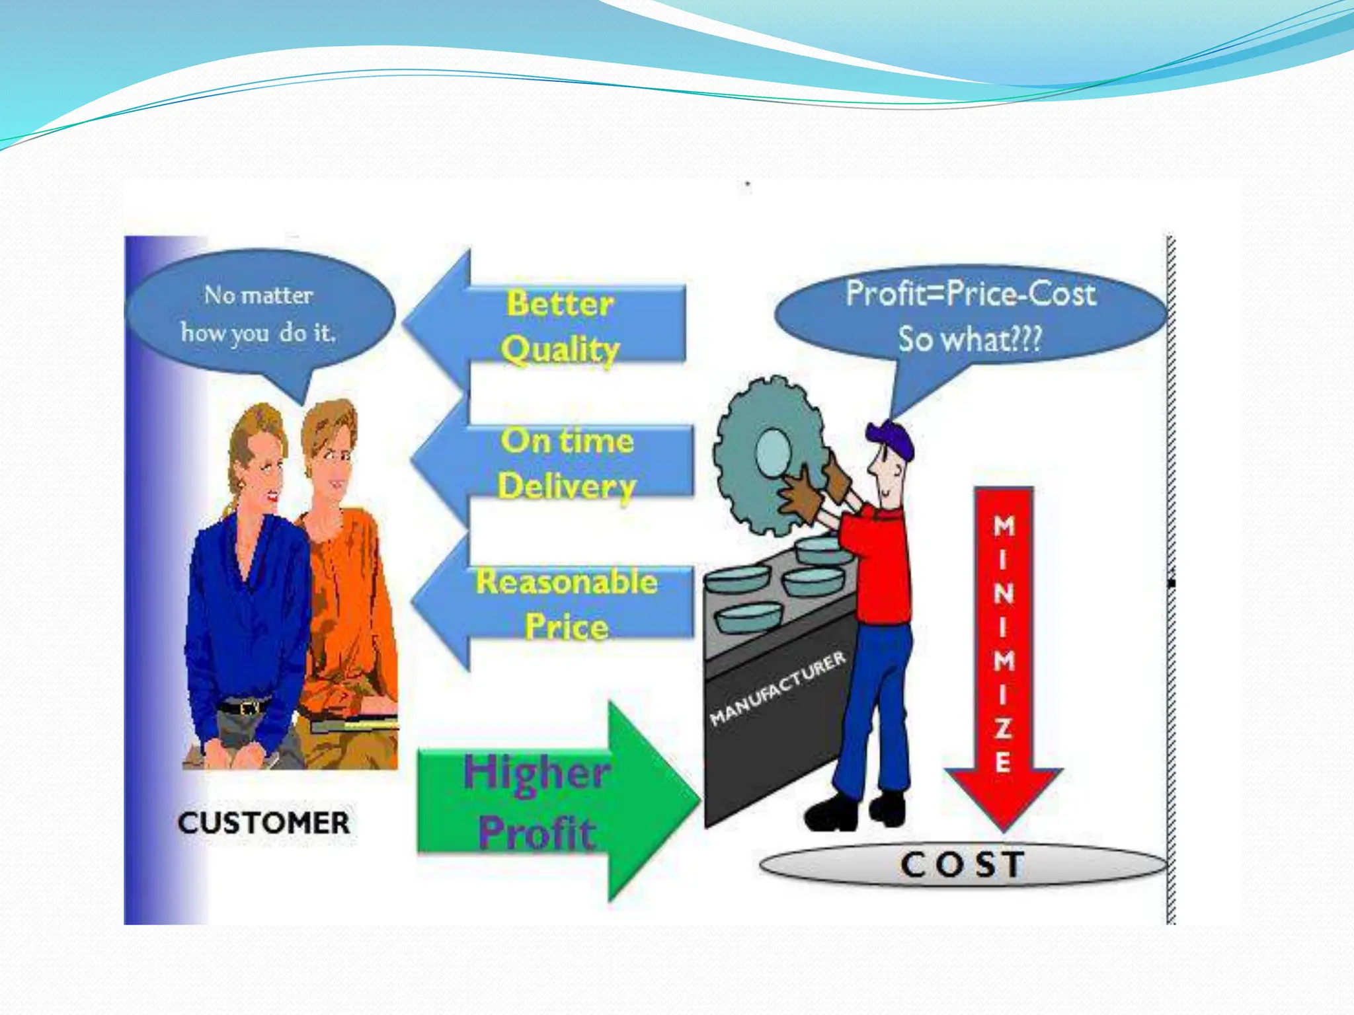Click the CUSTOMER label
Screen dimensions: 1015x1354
[263, 823]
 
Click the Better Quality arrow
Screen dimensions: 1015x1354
[549, 324]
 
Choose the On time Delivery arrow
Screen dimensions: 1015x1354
[555, 463]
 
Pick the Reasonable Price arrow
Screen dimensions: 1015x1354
[555, 603]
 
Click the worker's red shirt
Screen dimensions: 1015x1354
[876, 562]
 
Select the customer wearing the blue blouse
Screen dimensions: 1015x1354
[248, 595]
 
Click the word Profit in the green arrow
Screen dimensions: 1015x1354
[537, 833]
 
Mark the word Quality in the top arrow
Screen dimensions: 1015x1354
[560, 349]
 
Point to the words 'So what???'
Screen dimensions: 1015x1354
[969, 339]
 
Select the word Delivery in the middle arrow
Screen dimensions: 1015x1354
[567, 486]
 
